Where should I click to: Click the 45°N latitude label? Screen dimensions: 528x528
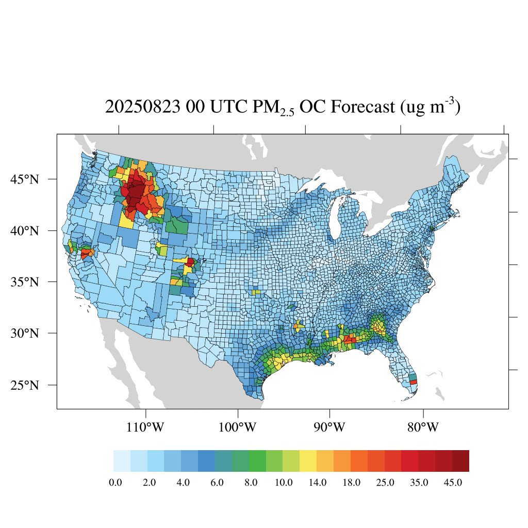pos(25,179)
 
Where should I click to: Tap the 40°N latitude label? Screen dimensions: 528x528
pos(25,230)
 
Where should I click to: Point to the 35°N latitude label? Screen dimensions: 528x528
pos(25,282)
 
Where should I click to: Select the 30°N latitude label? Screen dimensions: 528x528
pos(25,333)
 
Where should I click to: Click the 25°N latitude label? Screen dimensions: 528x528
pos(25,385)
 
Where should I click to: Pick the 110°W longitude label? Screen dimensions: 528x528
pos(146,427)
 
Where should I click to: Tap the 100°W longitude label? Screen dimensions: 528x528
pos(238,427)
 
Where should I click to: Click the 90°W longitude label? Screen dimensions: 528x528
pos(329,427)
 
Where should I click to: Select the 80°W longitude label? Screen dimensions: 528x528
pos(423,427)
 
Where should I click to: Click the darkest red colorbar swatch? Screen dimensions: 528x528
pos(460,461)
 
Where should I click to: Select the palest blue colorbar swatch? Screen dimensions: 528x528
pos(122,461)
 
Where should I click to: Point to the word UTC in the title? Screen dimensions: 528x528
pos(226,107)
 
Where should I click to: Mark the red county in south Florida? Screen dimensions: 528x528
pos(413,382)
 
